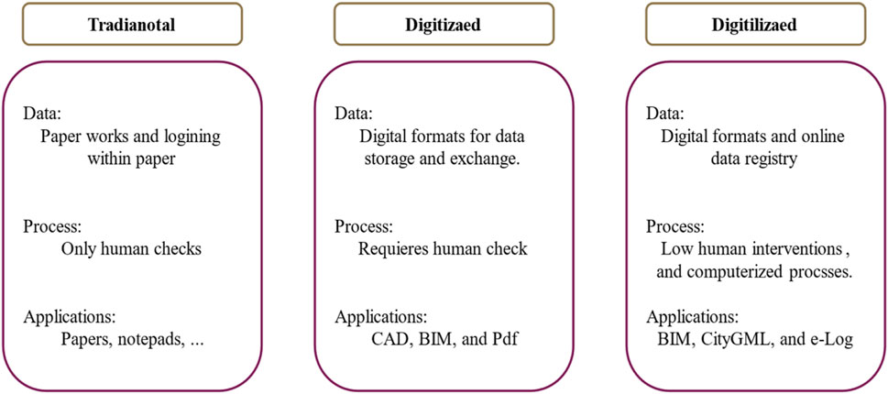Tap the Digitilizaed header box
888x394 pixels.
[753, 26]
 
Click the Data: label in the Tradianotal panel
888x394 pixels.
[42, 115]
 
